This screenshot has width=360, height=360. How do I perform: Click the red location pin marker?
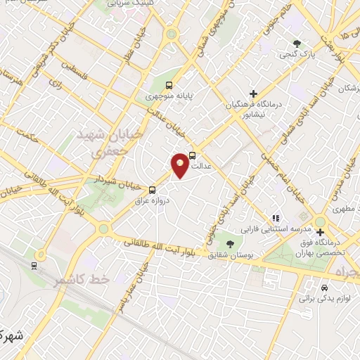click(180, 165)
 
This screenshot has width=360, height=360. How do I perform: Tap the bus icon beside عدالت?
click(193, 155)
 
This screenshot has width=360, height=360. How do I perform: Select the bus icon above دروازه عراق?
click(153, 189)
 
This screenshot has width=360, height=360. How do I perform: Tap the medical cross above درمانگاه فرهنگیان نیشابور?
click(253, 93)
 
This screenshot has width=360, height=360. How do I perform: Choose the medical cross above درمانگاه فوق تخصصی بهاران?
click(320, 232)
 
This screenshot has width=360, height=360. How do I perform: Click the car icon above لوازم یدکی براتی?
click(323, 288)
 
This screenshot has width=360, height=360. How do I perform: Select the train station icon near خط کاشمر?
click(33, 265)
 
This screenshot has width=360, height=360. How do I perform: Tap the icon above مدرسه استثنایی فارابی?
click(277, 219)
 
